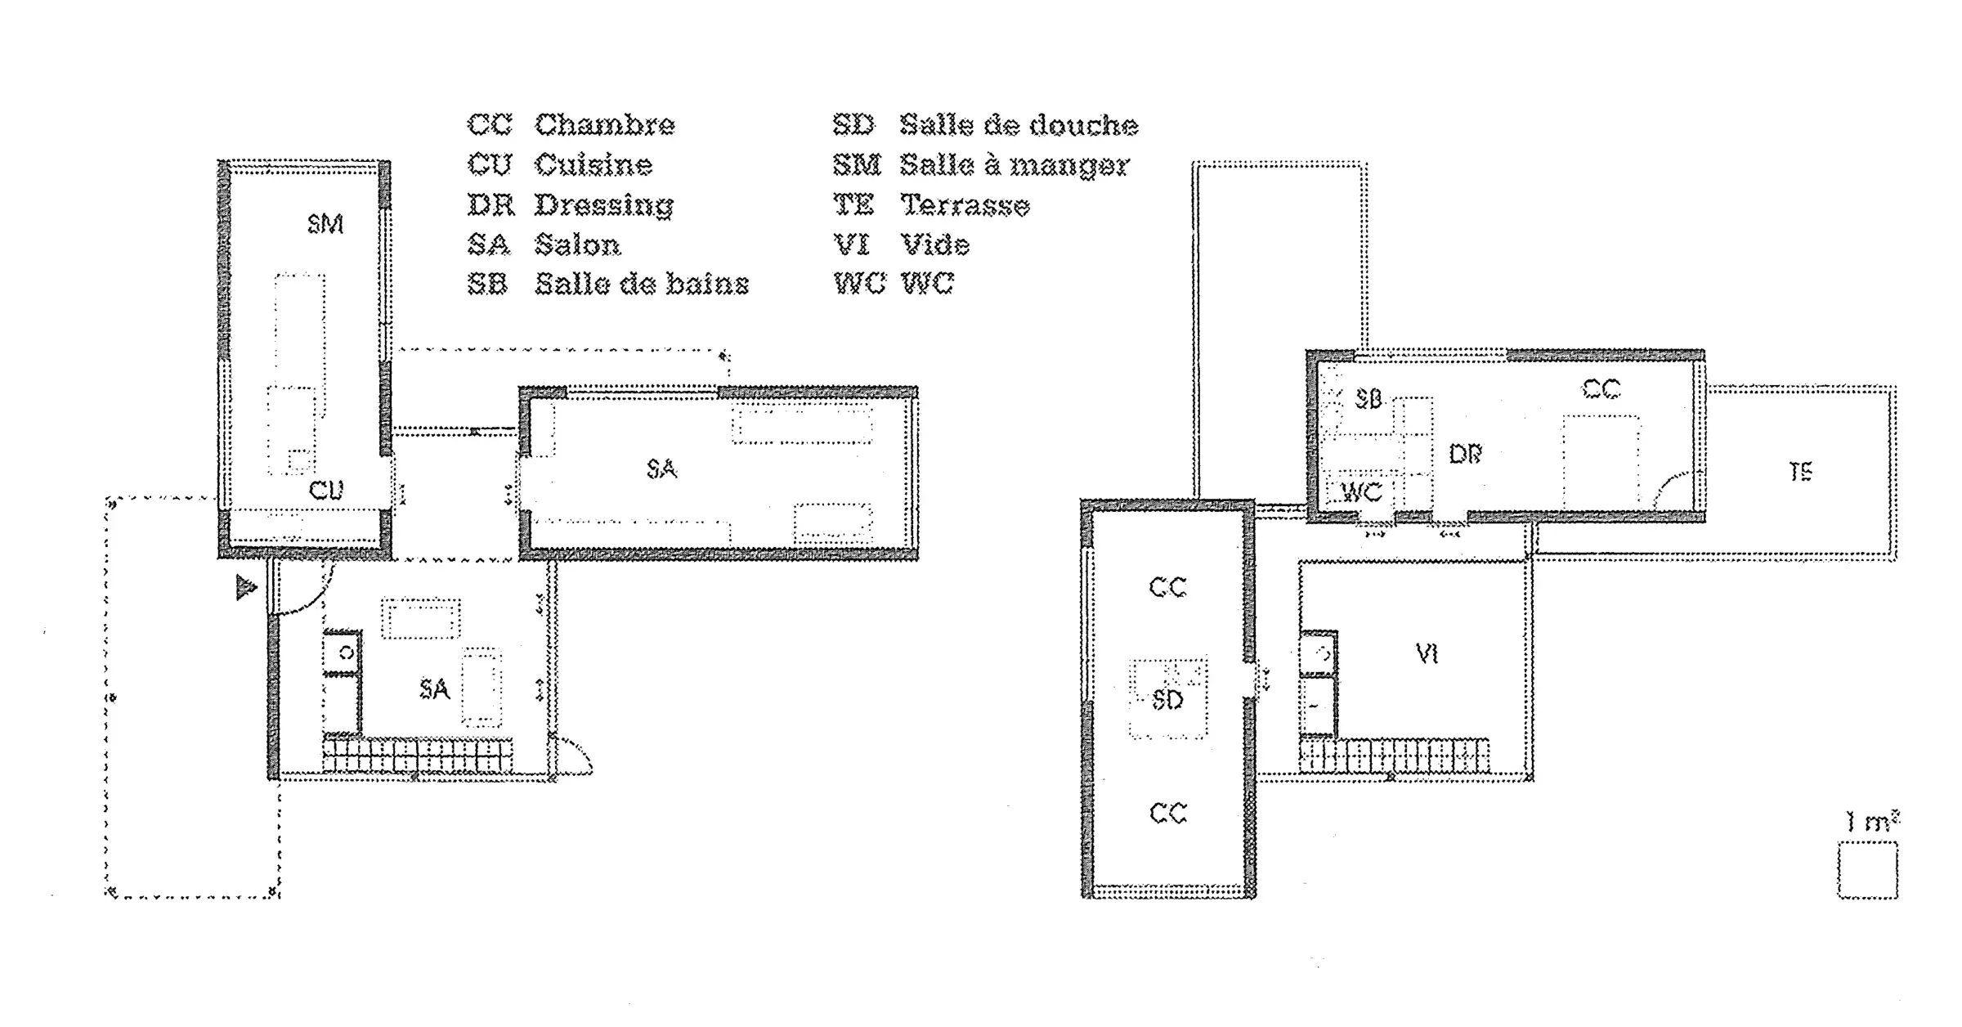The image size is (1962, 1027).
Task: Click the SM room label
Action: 325,223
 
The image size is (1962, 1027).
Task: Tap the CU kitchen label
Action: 326,490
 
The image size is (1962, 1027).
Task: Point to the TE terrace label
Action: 1801,472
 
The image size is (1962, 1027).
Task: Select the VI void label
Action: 1427,653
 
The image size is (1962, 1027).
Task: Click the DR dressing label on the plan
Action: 1465,454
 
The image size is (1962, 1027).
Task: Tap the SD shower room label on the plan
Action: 1167,700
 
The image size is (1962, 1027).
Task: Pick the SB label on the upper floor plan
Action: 1368,399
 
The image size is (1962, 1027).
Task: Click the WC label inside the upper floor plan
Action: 1363,492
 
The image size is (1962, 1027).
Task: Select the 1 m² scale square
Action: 1868,871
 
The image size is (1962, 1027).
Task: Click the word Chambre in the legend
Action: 605,125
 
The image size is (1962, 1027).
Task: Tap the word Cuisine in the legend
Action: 594,165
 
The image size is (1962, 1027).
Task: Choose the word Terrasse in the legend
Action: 965,205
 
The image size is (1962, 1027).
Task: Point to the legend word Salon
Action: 578,244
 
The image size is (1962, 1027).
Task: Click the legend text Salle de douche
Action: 1019,125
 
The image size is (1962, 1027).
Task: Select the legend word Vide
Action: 935,244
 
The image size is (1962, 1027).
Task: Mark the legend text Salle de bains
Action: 642,284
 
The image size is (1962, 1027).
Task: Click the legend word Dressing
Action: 604,205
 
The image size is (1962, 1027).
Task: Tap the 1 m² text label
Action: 1872,821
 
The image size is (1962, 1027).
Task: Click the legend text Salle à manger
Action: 1015,165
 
